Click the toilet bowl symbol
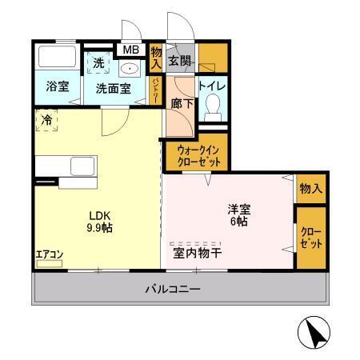(x=213, y=106)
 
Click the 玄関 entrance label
(x=179, y=60)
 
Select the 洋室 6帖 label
(x=238, y=215)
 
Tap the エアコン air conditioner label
(x=49, y=255)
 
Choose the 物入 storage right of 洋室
(x=311, y=189)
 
